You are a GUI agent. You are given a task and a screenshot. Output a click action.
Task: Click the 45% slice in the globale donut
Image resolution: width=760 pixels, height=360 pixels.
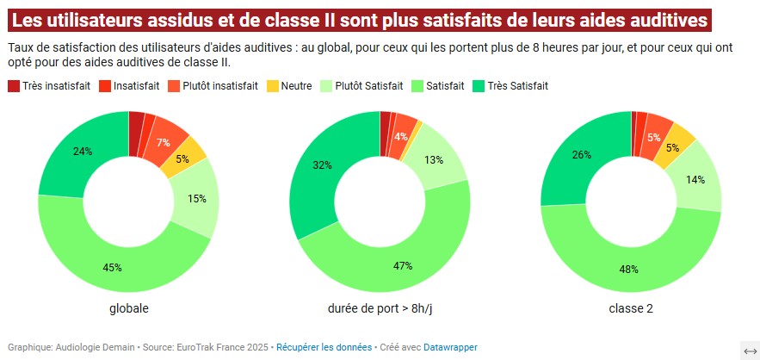coord(112,267)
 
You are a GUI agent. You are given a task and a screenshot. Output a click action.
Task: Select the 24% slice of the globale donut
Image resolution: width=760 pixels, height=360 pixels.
coord(83,152)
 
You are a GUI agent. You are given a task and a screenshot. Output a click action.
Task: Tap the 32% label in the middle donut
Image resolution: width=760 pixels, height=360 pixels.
coord(322,164)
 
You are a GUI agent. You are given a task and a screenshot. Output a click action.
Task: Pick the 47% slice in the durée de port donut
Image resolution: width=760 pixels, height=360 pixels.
coord(403,265)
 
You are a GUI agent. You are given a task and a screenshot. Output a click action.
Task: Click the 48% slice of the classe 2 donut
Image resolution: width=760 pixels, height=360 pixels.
coord(629,269)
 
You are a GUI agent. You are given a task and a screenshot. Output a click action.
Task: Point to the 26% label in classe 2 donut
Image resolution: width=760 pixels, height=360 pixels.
coord(582,155)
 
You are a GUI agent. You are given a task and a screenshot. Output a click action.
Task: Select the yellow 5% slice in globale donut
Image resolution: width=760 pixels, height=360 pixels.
coord(182,158)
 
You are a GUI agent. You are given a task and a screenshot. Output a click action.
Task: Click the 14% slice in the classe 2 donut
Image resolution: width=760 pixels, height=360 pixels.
coord(695,179)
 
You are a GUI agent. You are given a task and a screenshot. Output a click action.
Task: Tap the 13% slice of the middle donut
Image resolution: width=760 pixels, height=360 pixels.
coord(434,159)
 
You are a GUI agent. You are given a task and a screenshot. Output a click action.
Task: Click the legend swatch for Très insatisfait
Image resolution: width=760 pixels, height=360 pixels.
coord(14,86)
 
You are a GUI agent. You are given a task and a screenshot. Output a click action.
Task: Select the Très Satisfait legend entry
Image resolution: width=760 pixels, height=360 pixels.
coord(517,86)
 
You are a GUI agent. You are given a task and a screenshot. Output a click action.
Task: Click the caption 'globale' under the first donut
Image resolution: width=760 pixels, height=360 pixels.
coord(128,307)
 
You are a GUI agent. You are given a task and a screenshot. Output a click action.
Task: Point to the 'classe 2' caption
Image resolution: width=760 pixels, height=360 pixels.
coord(631,307)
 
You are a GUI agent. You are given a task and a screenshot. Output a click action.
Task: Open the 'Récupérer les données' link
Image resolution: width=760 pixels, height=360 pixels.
coord(324,347)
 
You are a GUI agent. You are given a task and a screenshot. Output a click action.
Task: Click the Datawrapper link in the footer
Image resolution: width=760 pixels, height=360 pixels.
coord(450,347)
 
